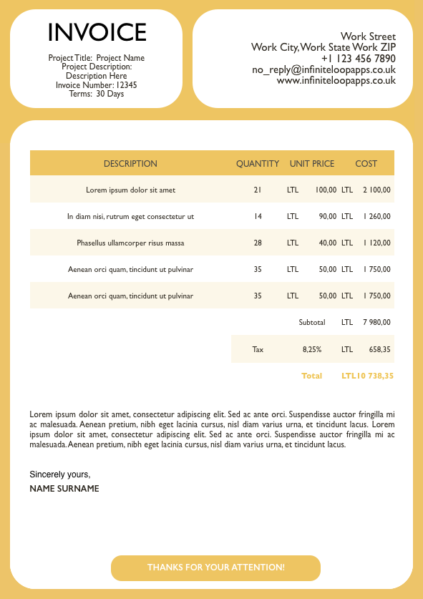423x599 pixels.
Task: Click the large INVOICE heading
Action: [97, 33]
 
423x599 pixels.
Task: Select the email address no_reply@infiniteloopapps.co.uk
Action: [324, 70]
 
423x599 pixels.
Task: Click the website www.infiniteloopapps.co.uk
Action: [336, 81]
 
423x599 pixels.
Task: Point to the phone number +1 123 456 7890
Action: [358, 59]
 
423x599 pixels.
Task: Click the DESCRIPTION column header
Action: [130, 164]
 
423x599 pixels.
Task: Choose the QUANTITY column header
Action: [258, 164]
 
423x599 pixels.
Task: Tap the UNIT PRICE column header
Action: [312, 164]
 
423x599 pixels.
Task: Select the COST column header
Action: [366, 164]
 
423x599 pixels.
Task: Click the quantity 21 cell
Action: [258, 190]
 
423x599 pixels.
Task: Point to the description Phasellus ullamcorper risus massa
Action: [130, 243]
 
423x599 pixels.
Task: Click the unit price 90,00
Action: [328, 216]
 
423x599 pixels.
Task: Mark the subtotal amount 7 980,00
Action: [376, 323]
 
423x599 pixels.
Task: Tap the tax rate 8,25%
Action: [312, 350]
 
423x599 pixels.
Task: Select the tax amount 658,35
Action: [379, 350]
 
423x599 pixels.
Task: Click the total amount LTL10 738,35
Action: [367, 376]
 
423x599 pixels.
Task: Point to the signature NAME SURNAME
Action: [64, 489]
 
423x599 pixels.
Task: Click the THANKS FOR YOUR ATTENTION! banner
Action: [215, 568]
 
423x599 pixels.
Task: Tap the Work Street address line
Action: [368, 36]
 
